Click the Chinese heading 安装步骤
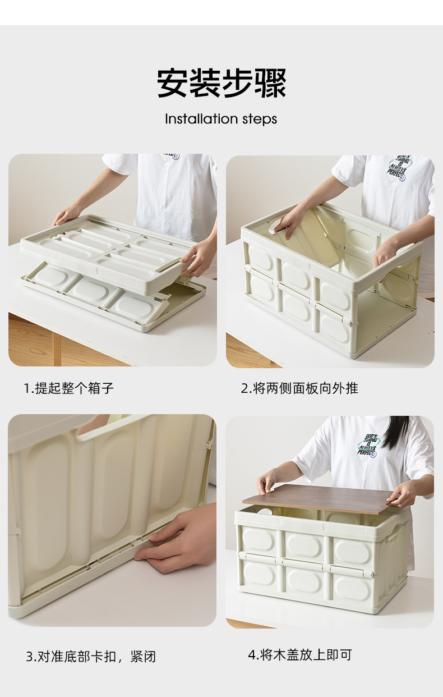pyautogui.click(x=221, y=83)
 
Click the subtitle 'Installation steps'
pyautogui.click(x=221, y=119)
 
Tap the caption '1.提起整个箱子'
pyautogui.click(x=68, y=388)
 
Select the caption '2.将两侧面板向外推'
pyautogui.click(x=299, y=388)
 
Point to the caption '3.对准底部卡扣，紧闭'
pyautogui.click(x=90, y=656)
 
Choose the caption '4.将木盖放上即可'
pyautogui.click(x=299, y=654)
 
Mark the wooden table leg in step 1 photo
pyautogui.click(x=57, y=348)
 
